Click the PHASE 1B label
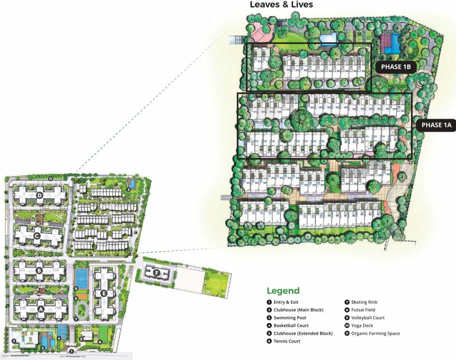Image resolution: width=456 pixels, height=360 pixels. (x=396, y=67)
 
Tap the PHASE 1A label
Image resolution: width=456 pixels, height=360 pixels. (x=436, y=125)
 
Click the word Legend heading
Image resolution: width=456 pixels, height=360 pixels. (x=283, y=291)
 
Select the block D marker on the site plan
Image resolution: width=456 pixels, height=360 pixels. (x=40, y=195)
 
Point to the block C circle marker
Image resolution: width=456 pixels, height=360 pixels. (x=37, y=236)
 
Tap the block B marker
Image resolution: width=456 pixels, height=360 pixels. (x=39, y=270)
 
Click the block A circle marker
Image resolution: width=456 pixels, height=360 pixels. (x=40, y=309)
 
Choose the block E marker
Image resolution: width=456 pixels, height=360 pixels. (x=104, y=294)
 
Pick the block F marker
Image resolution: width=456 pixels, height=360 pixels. (x=157, y=272)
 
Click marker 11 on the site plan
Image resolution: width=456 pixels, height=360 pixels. (x=50, y=179)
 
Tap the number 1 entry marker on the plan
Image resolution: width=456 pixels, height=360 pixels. (x=71, y=351)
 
